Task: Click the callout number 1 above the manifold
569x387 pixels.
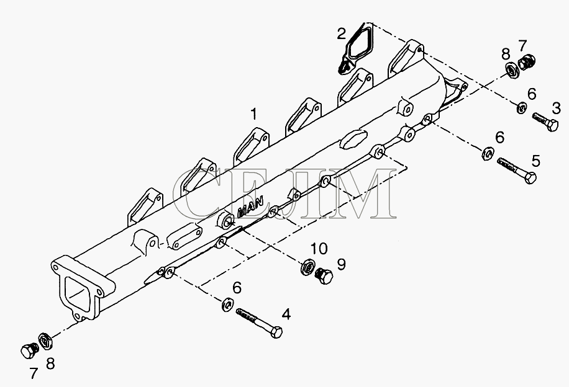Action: [x=255, y=113]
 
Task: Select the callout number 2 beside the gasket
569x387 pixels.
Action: [x=342, y=33]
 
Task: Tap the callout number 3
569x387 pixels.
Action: [x=557, y=108]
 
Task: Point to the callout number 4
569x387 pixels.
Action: [x=286, y=314]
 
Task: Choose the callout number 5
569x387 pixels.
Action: [x=536, y=161]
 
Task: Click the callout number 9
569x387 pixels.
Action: [x=341, y=264]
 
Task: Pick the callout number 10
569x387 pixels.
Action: [x=319, y=249]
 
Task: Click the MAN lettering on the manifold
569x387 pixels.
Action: [x=250, y=207]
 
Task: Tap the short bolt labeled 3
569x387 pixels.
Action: [x=545, y=122]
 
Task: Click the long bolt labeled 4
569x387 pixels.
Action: [x=259, y=322]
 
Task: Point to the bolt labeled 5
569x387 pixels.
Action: [x=517, y=171]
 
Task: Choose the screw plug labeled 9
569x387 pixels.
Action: [x=324, y=276]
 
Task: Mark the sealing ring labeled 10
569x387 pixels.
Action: [x=307, y=268]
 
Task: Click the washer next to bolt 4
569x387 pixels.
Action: [x=227, y=304]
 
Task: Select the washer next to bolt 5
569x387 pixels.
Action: [x=488, y=153]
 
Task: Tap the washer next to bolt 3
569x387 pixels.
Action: [x=522, y=108]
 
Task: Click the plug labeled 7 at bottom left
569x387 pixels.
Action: [x=30, y=350]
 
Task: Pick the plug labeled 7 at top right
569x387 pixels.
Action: [x=526, y=62]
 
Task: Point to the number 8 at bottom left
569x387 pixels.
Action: [x=50, y=363]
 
